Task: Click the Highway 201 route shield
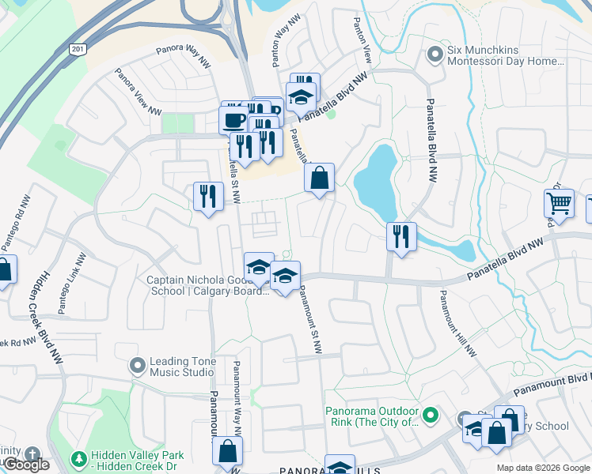pos(78,49)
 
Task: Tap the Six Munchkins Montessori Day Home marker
pos(434,55)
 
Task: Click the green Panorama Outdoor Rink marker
pos(431,415)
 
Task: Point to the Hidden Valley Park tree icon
pos(78,459)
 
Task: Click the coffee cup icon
pos(233,120)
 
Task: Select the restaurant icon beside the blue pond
pos(401,236)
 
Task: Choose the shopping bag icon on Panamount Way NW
pos(227,451)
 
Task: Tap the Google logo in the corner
pos(26,465)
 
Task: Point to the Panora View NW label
pos(133,88)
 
